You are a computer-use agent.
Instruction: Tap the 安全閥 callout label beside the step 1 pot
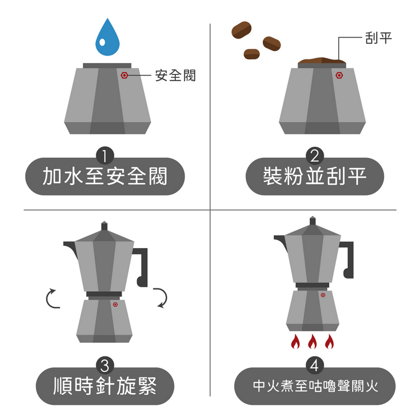pyautogui.click(x=175, y=75)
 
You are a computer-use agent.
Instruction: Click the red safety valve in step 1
pyautogui.click(x=124, y=75)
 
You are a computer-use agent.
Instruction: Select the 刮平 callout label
pyautogui.click(x=379, y=38)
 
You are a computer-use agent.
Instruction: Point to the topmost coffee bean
pyautogui.click(x=241, y=30)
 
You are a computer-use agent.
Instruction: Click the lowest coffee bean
pyautogui.click(x=251, y=54)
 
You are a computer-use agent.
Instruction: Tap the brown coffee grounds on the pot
pyautogui.click(x=321, y=60)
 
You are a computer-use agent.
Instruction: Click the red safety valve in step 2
pyautogui.click(x=339, y=75)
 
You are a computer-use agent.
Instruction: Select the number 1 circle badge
pyautogui.click(x=105, y=156)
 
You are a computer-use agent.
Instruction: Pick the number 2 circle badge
pyautogui.click(x=315, y=156)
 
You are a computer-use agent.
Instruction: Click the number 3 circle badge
pyautogui.click(x=105, y=365)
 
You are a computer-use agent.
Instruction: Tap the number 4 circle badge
pyautogui.click(x=315, y=365)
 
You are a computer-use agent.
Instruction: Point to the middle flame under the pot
pyautogui.click(x=312, y=342)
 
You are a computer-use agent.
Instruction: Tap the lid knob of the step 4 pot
pyautogui.click(x=312, y=221)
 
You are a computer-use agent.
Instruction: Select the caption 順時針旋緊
pyautogui.click(x=105, y=386)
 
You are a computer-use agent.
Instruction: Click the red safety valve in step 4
pyautogui.click(x=323, y=295)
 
